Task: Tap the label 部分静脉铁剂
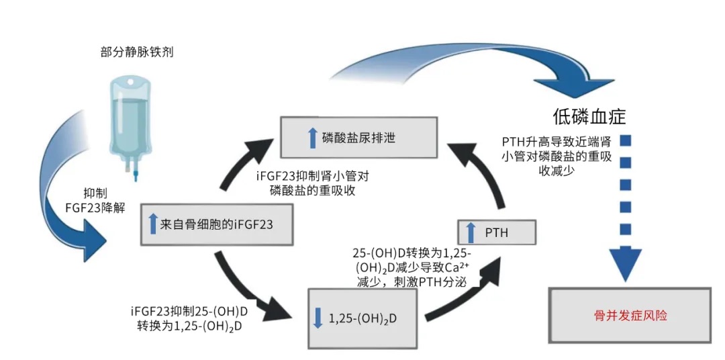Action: click(137, 52)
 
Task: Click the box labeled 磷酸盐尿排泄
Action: click(358, 138)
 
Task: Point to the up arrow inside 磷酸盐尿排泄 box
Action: click(311, 138)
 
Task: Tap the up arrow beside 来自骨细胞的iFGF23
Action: click(153, 224)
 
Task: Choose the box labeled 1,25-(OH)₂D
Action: click(361, 318)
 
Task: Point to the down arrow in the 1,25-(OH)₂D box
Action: click(318, 318)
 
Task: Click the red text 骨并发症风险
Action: click(630, 315)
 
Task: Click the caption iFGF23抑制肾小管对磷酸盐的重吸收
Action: click(313, 183)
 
